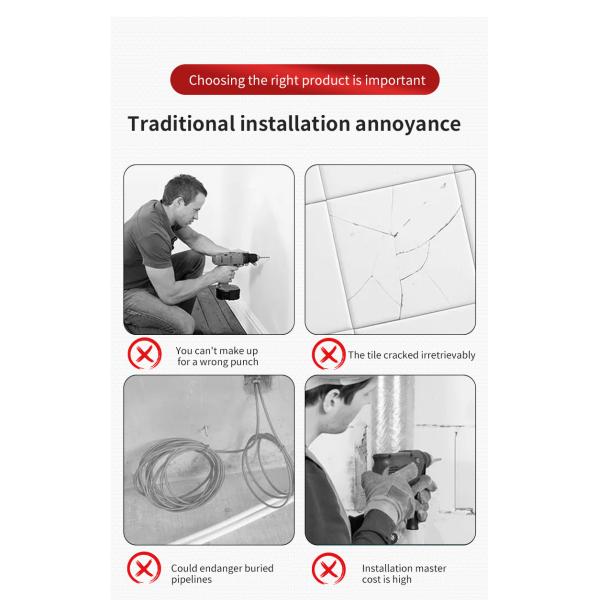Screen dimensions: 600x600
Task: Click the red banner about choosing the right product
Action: tap(306, 79)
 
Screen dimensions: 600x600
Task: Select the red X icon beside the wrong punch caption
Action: tap(144, 355)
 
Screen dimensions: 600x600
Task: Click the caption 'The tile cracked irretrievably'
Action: tap(411, 355)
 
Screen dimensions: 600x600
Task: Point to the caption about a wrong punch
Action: tap(216, 356)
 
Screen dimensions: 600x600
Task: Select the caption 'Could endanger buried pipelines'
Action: tap(222, 573)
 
